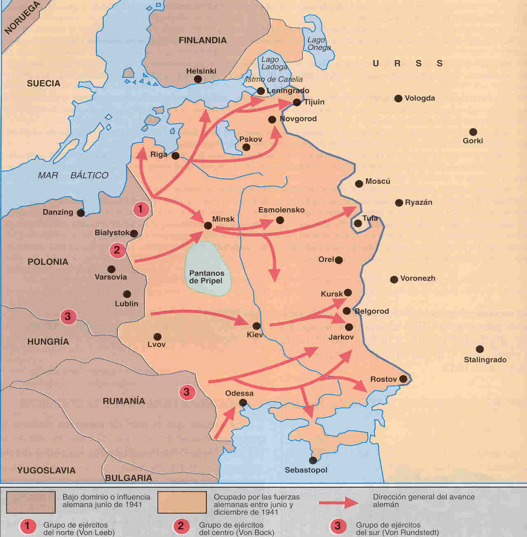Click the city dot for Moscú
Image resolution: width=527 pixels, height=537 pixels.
[x=359, y=184]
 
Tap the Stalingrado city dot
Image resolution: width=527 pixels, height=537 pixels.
[x=480, y=349]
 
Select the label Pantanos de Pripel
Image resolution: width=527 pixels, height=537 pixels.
[x=207, y=277]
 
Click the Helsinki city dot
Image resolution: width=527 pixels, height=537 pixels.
[x=198, y=79]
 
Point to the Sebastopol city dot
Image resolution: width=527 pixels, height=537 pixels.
[x=313, y=460]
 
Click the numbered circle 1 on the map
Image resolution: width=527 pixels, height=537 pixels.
[x=140, y=209]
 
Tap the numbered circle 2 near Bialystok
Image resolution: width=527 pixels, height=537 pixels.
[x=117, y=250]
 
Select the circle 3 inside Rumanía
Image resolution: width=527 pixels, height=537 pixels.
[x=187, y=392]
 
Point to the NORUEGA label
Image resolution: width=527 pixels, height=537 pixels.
[x=22, y=17]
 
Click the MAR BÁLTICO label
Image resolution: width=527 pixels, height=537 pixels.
[x=73, y=175]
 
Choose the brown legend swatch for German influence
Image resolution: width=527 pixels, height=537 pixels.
[x=31, y=502]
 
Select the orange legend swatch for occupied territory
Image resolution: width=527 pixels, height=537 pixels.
[x=182, y=502]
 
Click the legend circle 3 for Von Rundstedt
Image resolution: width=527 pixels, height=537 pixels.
[x=338, y=525]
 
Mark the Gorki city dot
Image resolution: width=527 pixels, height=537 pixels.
[x=473, y=132]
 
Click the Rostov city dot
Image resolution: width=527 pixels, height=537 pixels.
[x=403, y=379]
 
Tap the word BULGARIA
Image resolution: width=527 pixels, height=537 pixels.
[x=128, y=478]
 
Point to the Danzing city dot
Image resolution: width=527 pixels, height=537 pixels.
[x=81, y=213]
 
